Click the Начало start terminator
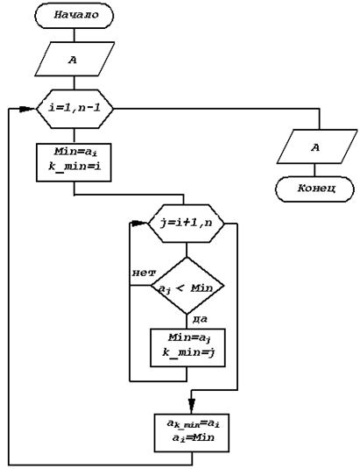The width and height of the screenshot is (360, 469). (x=74, y=16)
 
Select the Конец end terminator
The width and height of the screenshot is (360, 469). (x=314, y=189)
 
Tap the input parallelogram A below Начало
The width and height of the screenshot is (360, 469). (x=74, y=60)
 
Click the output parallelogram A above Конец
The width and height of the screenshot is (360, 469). (x=317, y=146)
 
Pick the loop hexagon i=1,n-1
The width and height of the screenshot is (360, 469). (x=74, y=109)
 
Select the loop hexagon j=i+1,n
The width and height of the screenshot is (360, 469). (x=187, y=224)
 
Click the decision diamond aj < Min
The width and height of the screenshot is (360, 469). (x=187, y=286)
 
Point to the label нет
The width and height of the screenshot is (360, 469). (x=144, y=273)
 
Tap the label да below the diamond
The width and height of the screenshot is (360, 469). (x=200, y=320)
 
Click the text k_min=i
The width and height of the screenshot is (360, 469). (x=74, y=167)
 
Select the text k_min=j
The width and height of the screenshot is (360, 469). (x=189, y=353)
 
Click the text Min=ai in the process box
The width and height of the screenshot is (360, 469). (x=76, y=153)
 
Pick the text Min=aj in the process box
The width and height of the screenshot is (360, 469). (x=190, y=338)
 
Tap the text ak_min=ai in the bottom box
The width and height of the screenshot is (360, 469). (x=193, y=423)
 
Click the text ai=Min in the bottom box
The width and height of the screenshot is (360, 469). (x=194, y=438)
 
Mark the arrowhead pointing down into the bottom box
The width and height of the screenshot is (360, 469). (x=192, y=406)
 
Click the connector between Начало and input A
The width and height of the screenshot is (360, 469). (x=74, y=35)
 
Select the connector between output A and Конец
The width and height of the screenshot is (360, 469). (x=314, y=170)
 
